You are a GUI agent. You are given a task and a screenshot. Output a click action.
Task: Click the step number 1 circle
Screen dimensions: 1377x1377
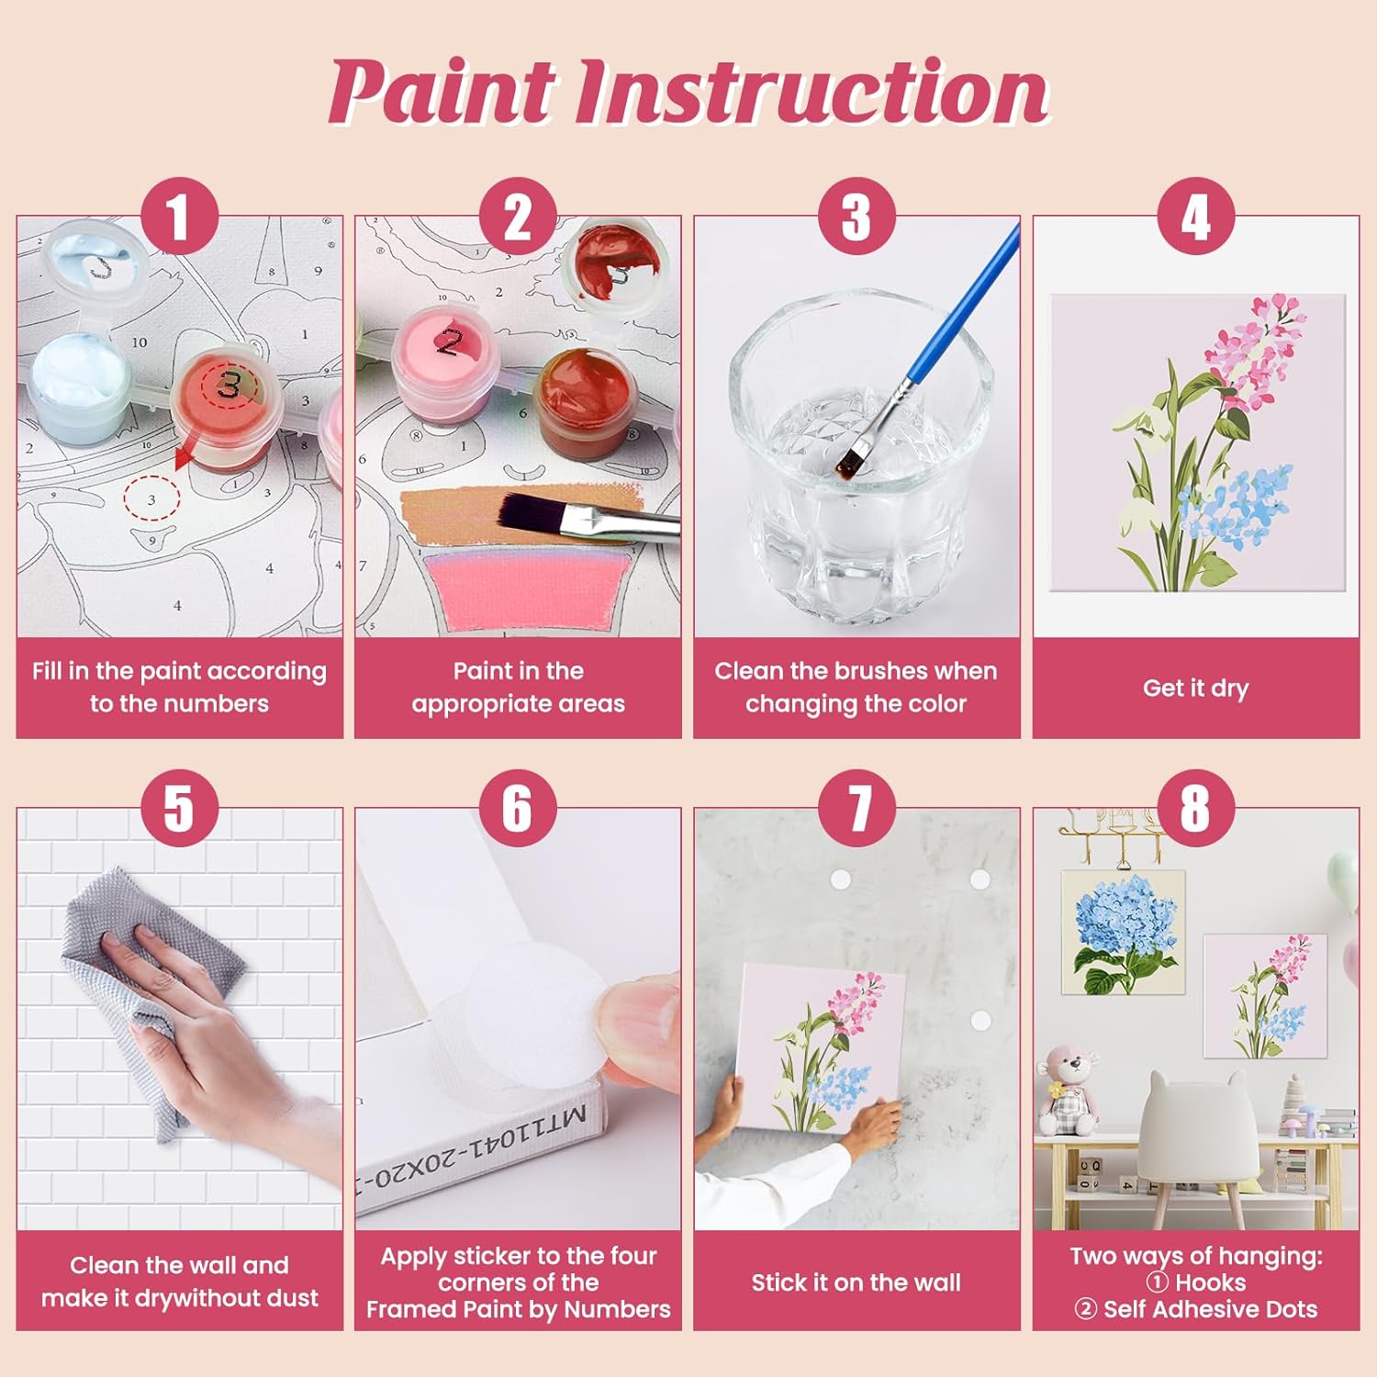tap(179, 217)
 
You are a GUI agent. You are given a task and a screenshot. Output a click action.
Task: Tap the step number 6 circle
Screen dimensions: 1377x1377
tap(518, 808)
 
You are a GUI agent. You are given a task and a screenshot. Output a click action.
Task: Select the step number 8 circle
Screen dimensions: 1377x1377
tap(1195, 808)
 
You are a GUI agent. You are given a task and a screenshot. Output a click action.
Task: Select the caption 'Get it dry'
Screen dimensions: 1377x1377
tap(1195, 688)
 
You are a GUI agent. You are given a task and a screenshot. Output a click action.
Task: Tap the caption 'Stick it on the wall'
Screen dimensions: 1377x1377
tap(856, 1282)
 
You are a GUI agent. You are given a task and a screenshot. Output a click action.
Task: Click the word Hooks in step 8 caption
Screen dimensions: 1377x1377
tap(1210, 1282)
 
